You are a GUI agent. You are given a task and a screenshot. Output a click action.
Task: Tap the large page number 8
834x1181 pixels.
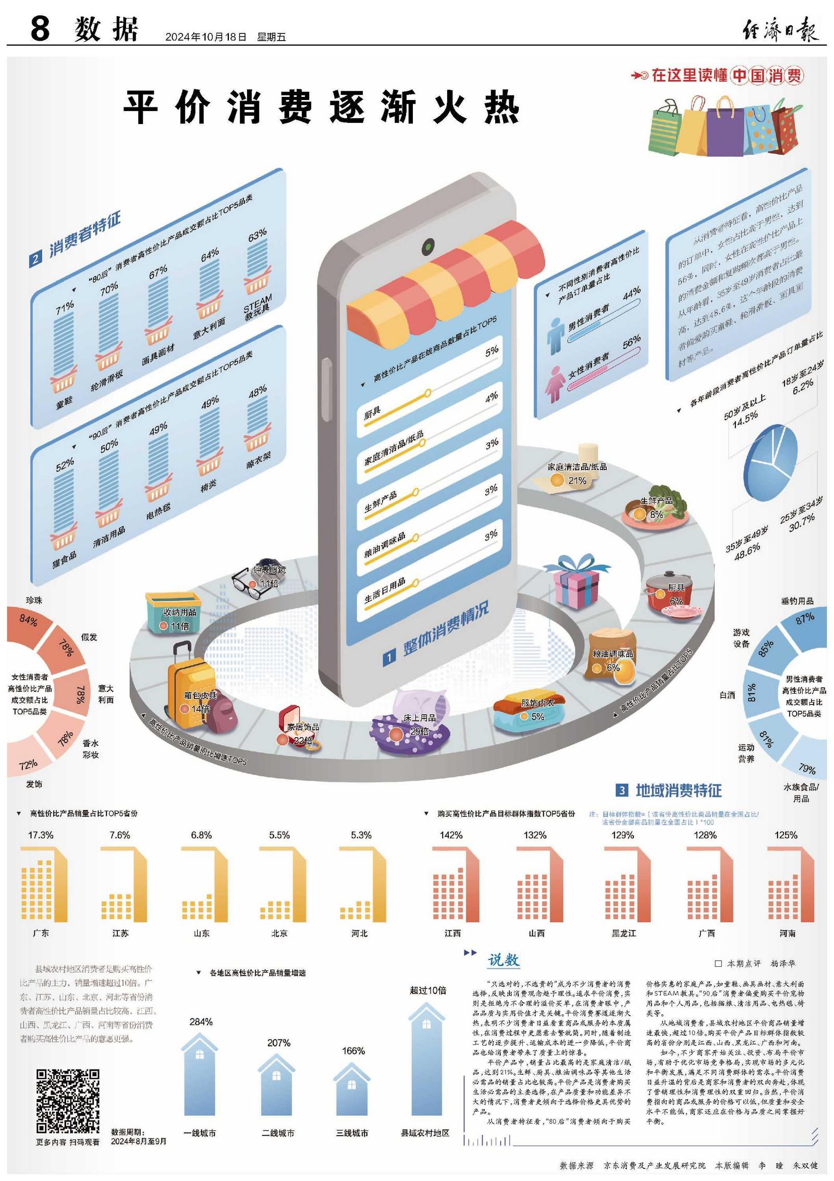pos(40,28)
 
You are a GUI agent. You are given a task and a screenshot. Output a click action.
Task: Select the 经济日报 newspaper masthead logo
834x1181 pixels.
pos(780,29)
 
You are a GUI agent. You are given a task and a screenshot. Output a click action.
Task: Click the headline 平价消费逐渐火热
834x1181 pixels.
pos(321,107)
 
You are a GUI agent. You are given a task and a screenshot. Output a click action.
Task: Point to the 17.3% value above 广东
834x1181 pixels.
pos(41,835)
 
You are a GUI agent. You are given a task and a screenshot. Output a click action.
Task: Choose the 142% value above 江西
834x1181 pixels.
pos(451,835)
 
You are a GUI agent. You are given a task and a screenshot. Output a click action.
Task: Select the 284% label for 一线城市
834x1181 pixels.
pos(201,1022)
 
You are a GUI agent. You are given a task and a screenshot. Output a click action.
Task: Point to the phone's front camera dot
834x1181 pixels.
pos(428,245)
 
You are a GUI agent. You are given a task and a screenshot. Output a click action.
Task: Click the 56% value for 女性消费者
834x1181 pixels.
pos(631,342)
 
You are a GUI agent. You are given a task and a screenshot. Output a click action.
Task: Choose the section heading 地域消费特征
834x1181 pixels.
pos(678,791)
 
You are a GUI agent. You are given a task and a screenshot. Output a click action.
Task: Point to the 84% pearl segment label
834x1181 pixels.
pos(28,620)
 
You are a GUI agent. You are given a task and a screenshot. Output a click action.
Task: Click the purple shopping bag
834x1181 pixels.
pos(725,128)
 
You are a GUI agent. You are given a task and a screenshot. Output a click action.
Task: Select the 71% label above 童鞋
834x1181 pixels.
pos(65,307)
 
